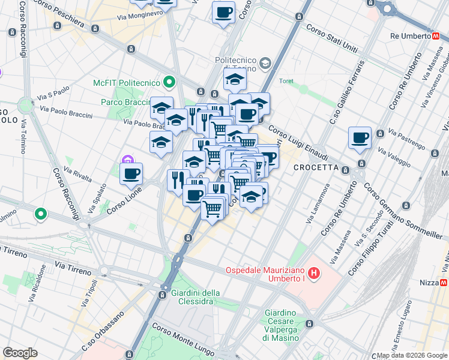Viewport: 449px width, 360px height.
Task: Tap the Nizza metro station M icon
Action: click(444, 282)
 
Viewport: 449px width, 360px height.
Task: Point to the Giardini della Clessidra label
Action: click(195, 296)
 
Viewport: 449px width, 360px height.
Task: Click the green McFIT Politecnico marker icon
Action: click(169, 82)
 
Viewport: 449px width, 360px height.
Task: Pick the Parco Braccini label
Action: click(124, 102)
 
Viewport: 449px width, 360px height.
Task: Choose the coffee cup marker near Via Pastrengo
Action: click(360, 137)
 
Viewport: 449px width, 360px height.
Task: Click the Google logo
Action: click(20, 352)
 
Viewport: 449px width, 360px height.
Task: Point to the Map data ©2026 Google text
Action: click(412, 355)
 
